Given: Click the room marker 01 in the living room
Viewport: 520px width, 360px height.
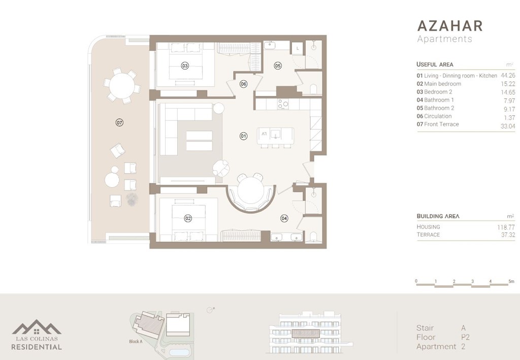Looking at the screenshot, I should click(x=243, y=136).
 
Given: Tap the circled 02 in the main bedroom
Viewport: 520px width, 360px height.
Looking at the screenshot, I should click(x=188, y=218).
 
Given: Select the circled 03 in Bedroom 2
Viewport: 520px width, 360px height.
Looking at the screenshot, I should click(x=185, y=66).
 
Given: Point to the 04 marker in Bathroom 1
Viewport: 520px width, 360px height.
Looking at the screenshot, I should click(x=284, y=218).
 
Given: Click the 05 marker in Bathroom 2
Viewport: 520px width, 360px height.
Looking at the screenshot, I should click(x=278, y=66).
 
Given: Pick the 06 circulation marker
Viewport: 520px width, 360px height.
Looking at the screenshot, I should click(x=244, y=84).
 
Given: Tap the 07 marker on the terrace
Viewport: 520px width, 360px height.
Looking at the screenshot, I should click(x=119, y=122).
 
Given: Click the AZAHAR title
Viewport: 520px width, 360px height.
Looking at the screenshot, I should click(x=449, y=26).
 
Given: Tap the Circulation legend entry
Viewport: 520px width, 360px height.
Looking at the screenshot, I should click(x=438, y=116).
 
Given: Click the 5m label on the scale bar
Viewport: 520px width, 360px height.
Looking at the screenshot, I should click(x=511, y=281).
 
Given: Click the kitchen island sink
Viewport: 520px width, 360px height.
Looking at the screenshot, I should click(x=276, y=134).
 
